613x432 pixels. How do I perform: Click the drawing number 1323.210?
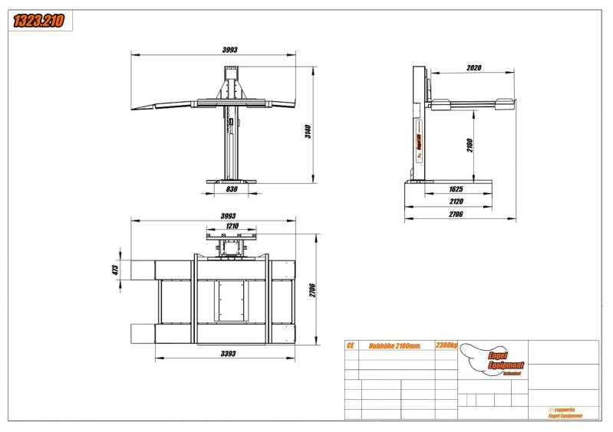click(x=38, y=21)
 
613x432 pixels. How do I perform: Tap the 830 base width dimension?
click(x=231, y=189)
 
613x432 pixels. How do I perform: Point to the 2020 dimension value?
click(x=473, y=68)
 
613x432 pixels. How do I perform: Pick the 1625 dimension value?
click(x=456, y=188)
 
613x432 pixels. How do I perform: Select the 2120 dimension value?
click(x=456, y=201)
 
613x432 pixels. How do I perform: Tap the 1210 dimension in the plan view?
click(x=232, y=226)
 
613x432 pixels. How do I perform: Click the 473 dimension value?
click(x=115, y=270)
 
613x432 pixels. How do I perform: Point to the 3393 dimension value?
click(x=227, y=354)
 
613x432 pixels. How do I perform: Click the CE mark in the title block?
click(x=351, y=346)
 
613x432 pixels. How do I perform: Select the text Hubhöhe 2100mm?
click(x=395, y=346)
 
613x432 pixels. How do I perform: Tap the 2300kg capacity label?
click(x=446, y=346)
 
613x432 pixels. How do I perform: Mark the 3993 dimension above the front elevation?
click(x=230, y=50)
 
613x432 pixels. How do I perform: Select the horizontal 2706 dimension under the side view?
click(x=456, y=214)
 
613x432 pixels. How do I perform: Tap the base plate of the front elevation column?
click(x=231, y=180)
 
